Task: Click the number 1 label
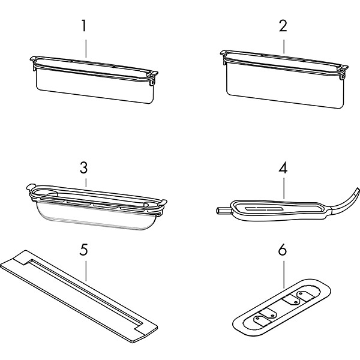[x=86, y=27]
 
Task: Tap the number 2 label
[x=283, y=27]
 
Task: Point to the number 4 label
[x=283, y=167]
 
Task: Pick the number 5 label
[x=86, y=248]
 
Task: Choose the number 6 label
[x=283, y=248]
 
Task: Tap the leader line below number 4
[x=283, y=187]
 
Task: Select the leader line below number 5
[x=86, y=269]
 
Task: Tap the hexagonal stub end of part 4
[x=220, y=211]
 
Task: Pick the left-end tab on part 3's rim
[x=31, y=187]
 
